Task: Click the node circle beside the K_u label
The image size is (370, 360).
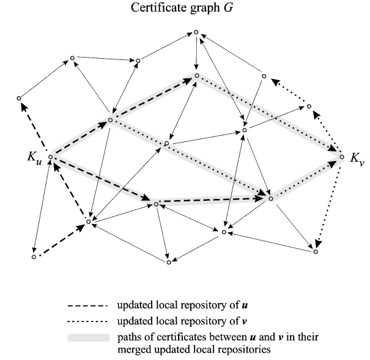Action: coord(50,157)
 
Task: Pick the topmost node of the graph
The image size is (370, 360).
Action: coord(196,32)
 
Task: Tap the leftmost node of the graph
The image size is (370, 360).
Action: coord(19,98)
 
